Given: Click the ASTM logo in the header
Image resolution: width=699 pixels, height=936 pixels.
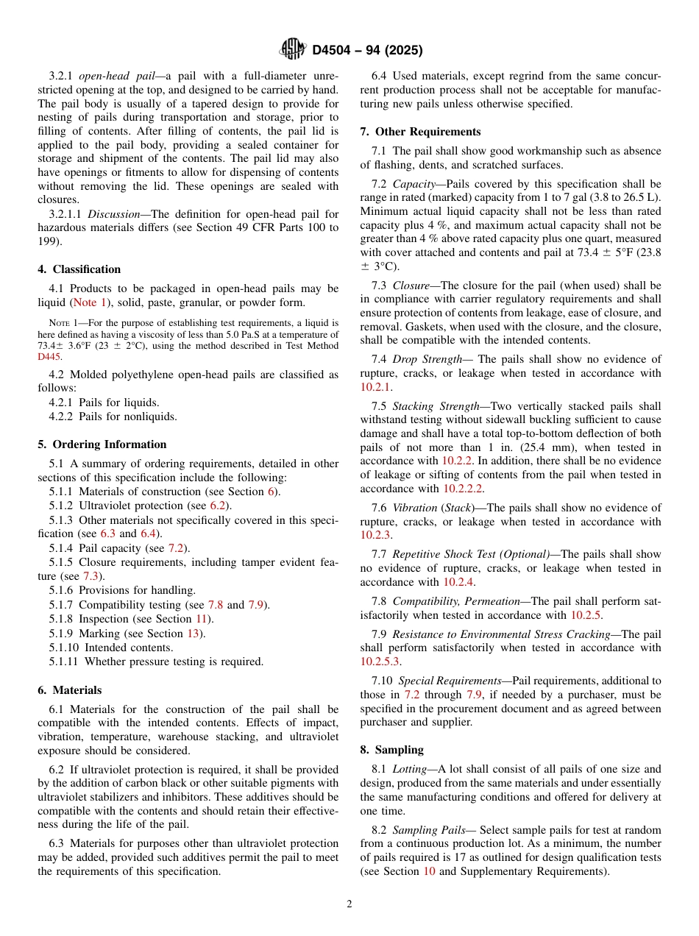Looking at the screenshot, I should click(294, 50).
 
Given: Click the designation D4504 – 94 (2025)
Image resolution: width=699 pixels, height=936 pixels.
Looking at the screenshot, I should click(367, 51).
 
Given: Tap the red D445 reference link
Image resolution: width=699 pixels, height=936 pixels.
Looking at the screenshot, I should click(50, 356).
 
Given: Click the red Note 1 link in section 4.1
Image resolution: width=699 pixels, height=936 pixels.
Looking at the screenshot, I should click(89, 302).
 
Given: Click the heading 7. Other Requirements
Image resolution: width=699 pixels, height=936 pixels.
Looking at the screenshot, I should click(420, 132).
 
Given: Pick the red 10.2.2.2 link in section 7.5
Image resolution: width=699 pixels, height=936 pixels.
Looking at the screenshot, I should click(463, 489).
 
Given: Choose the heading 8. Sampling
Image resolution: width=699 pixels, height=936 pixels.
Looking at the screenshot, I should click(391, 750).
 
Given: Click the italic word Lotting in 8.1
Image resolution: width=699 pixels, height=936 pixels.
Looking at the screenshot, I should click(409, 769).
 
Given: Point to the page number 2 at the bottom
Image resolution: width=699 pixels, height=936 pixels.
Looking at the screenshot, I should click(349, 904).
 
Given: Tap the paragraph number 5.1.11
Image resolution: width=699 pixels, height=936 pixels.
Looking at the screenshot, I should click(64, 662).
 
